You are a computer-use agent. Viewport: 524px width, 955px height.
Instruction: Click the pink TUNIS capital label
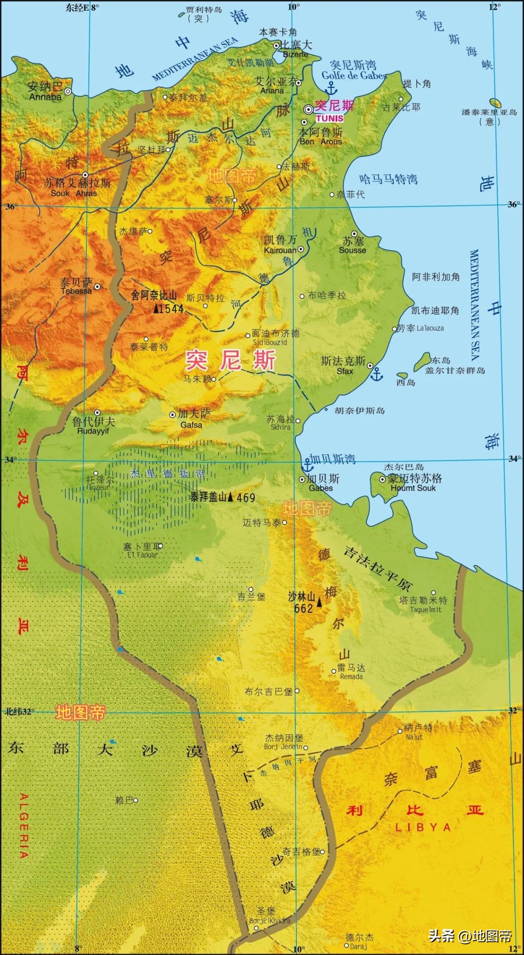329,118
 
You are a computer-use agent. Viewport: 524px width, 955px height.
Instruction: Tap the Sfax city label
345,371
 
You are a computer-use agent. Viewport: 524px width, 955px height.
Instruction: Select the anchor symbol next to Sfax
377,374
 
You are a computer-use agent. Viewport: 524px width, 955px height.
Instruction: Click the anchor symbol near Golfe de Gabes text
331,88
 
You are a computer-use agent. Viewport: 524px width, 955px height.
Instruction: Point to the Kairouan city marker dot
301,249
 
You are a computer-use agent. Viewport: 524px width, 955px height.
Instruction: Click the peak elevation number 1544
171,309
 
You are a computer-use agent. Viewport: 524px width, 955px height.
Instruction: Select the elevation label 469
246,497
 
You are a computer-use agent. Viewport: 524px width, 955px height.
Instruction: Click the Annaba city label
46,97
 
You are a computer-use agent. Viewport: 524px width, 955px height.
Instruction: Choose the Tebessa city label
76,291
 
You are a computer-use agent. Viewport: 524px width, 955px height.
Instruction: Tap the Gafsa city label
191,425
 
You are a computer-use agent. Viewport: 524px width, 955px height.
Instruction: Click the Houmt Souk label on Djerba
413,488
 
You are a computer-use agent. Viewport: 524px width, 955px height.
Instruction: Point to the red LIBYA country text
423,827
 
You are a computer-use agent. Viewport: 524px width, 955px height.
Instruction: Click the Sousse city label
352,250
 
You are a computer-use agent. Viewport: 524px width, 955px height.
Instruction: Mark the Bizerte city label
295,54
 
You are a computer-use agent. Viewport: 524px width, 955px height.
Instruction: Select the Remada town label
351,676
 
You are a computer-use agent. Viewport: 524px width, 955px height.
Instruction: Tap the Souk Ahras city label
74,193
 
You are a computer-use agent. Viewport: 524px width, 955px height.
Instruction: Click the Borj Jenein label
283,747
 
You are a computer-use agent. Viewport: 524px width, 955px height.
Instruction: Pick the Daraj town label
358,946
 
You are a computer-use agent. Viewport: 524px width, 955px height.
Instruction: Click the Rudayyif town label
93,431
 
